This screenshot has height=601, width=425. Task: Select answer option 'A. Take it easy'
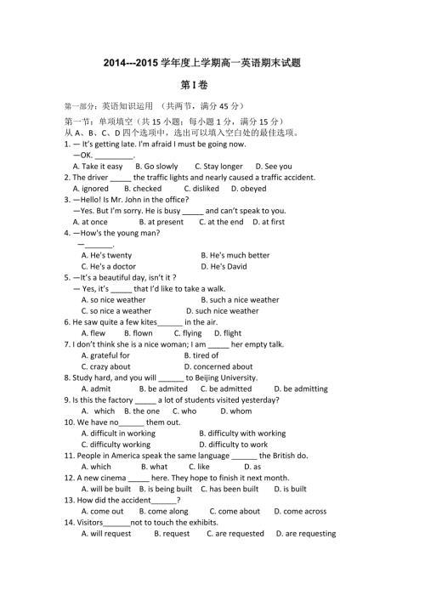[x=97, y=167]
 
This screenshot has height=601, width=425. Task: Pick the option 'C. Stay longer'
[x=218, y=167]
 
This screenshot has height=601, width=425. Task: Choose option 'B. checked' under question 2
[x=143, y=189]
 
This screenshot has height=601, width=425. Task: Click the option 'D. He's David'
[x=224, y=266]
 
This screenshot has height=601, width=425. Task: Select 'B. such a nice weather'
[x=240, y=300]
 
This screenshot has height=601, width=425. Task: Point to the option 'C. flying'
[x=186, y=333]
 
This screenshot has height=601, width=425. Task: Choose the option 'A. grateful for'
[x=105, y=355]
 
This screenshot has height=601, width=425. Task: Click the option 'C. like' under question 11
[x=198, y=467]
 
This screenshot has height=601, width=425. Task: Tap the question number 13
[x=70, y=500]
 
